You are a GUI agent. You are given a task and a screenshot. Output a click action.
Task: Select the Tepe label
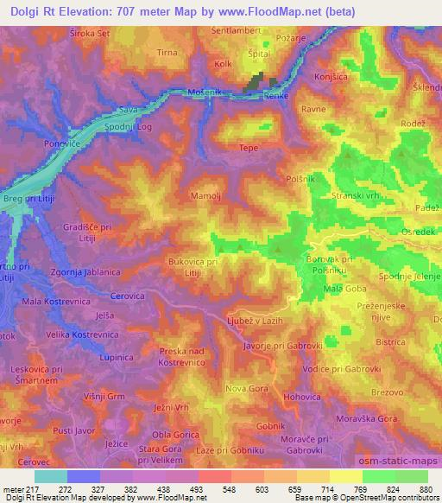coord(249,148)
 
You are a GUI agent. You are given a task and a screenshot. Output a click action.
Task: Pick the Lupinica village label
coord(118,356)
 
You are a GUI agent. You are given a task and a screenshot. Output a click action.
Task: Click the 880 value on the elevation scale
coord(423,488)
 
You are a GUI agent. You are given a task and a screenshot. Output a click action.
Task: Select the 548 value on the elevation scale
coord(228,488)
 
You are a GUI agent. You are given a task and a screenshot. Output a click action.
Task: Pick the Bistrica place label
coord(390,342)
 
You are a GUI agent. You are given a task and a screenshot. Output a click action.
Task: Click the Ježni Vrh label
coord(171,407)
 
